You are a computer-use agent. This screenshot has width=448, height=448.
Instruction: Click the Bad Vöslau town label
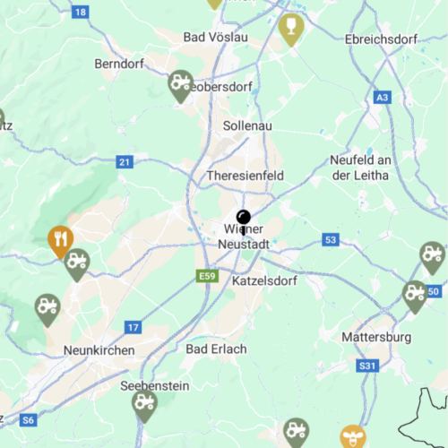[x=215, y=37]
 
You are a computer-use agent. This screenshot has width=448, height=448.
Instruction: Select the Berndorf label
[x=119, y=64]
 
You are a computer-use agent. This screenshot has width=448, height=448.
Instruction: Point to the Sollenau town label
[x=246, y=125]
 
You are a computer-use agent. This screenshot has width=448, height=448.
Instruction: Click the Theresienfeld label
[x=245, y=176]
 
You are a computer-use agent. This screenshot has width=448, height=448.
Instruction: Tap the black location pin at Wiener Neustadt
[x=244, y=219]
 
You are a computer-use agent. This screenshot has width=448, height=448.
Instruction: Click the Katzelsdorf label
[x=264, y=280]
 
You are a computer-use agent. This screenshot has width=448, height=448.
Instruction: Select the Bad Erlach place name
[x=216, y=348]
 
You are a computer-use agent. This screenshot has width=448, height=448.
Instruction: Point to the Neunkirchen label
[x=99, y=349]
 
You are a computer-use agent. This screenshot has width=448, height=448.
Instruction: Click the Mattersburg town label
[x=376, y=337]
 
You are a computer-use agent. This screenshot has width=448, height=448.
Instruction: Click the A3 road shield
[x=383, y=97]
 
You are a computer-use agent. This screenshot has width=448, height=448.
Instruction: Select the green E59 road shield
[x=208, y=275]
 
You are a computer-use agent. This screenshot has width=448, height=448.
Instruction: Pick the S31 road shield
[x=367, y=366]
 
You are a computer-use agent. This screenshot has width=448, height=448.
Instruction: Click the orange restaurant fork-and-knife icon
[x=60, y=238]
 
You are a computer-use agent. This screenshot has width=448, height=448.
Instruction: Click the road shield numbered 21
[x=125, y=161]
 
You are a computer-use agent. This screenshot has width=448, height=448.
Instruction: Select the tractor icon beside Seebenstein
[x=144, y=404]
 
